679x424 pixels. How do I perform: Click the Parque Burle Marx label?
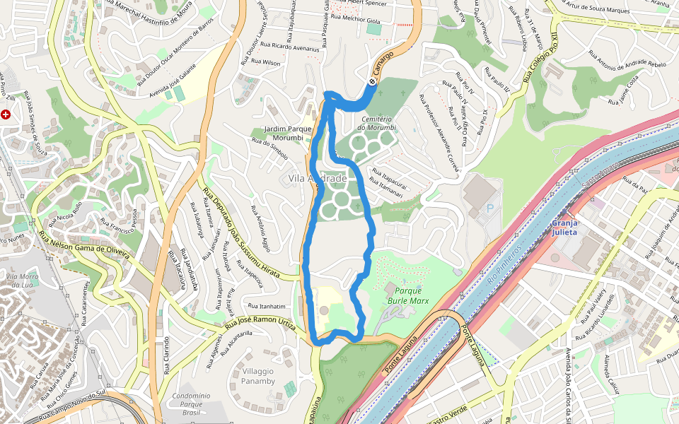tap(412, 295)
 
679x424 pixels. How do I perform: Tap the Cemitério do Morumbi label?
tap(378, 123)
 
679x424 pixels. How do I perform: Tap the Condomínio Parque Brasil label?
tap(191, 404)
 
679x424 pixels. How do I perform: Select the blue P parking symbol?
tap(489, 208)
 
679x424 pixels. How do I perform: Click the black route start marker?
tap(372, 81)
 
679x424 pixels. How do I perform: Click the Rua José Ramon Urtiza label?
tap(260, 321)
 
